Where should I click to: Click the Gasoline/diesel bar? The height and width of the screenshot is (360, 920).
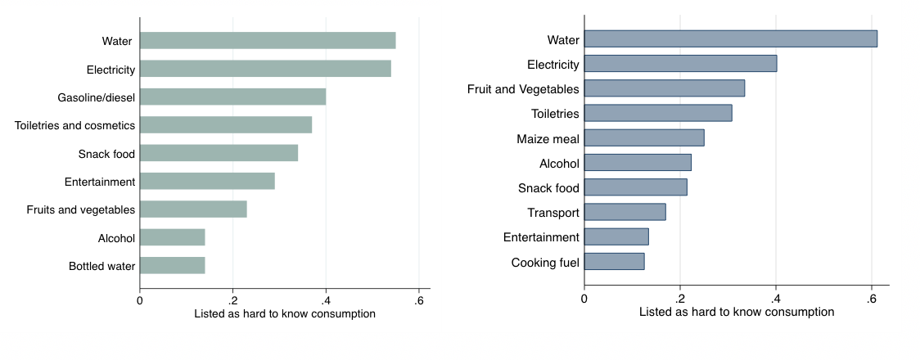click(x=233, y=97)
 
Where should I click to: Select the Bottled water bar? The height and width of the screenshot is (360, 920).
click(x=173, y=266)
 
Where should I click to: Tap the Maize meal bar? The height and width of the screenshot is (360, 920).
click(x=644, y=138)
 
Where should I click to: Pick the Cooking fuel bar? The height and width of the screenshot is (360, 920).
click(x=615, y=262)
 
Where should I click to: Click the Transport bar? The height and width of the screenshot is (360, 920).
click(x=625, y=213)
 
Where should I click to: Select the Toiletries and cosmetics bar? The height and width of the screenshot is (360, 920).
click(x=226, y=125)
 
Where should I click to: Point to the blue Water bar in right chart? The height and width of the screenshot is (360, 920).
click(x=731, y=39)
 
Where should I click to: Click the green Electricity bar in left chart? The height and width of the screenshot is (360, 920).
click(x=265, y=69)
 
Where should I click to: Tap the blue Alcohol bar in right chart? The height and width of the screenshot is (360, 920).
click(x=638, y=163)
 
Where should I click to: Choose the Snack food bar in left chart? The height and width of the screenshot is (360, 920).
click(x=219, y=154)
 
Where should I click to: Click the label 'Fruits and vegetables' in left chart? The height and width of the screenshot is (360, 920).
click(x=81, y=210)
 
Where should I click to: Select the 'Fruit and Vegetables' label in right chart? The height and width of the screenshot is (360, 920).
click(x=523, y=89)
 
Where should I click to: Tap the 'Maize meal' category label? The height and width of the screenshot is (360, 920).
click(x=548, y=139)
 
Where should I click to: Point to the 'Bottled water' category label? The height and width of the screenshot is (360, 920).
click(x=102, y=267)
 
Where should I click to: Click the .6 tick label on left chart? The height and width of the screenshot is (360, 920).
click(x=418, y=300)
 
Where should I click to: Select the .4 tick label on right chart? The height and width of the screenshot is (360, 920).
click(x=775, y=299)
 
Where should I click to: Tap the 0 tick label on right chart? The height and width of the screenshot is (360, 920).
click(x=584, y=299)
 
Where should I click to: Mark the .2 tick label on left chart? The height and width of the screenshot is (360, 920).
click(x=232, y=300)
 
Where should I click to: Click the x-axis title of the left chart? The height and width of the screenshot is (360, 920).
click(x=285, y=314)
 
